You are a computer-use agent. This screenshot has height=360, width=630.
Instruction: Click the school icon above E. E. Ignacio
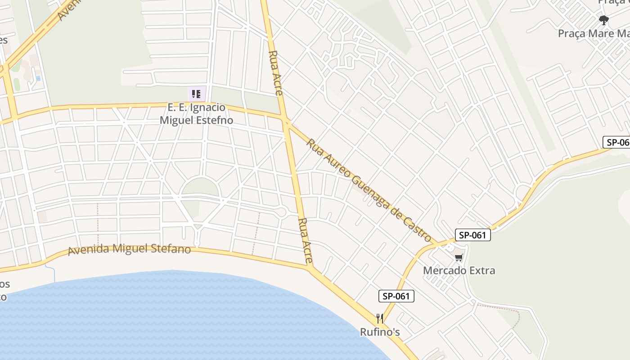tap(196, 94)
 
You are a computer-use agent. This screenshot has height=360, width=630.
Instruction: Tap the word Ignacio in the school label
tap(208, 108)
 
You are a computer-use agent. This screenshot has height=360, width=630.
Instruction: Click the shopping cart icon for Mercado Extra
tap(459, 258)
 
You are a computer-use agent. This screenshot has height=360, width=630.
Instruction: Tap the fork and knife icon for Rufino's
tap(380, 319)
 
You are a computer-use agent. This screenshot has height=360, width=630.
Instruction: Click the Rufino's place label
tap(380, 332)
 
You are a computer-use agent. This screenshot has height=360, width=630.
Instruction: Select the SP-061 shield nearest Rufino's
tap(396, 296)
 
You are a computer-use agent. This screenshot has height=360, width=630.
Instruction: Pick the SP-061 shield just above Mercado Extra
tap(472, 235)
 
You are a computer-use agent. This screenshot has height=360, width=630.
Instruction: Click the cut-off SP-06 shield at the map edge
tap(616, 142)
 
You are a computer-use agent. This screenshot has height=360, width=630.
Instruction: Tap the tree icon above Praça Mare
tap(603, 20)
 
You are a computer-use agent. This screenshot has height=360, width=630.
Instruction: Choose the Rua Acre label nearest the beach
tap(306, 241)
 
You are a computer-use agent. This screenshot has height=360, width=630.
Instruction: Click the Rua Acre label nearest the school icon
tap(275, 73)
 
